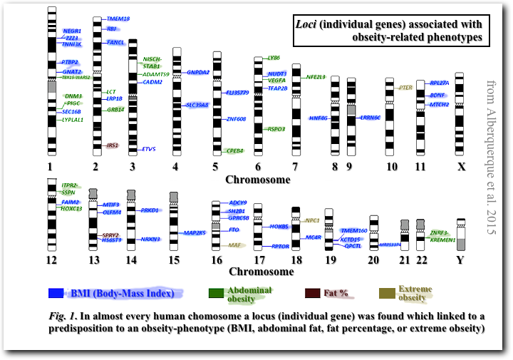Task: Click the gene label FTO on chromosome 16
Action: click(x=233, y=230)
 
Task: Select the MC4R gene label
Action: click(x=313, y=237)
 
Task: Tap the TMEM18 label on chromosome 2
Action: click(x=118, y=19)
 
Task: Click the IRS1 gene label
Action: click(x=112, y=145)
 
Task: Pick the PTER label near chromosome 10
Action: click(x=406, y=87)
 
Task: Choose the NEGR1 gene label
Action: click(x=72, y=31)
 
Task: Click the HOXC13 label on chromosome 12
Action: click(x=73, y=209)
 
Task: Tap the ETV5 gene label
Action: click(x=149, y=149)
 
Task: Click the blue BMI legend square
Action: click(x=56, y=293)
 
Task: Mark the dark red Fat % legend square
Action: click(x=313, y=293)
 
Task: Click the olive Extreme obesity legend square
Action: click(x=387, y=293)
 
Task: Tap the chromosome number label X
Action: click(x=461, y=168)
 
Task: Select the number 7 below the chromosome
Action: click(x=295, y=168)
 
